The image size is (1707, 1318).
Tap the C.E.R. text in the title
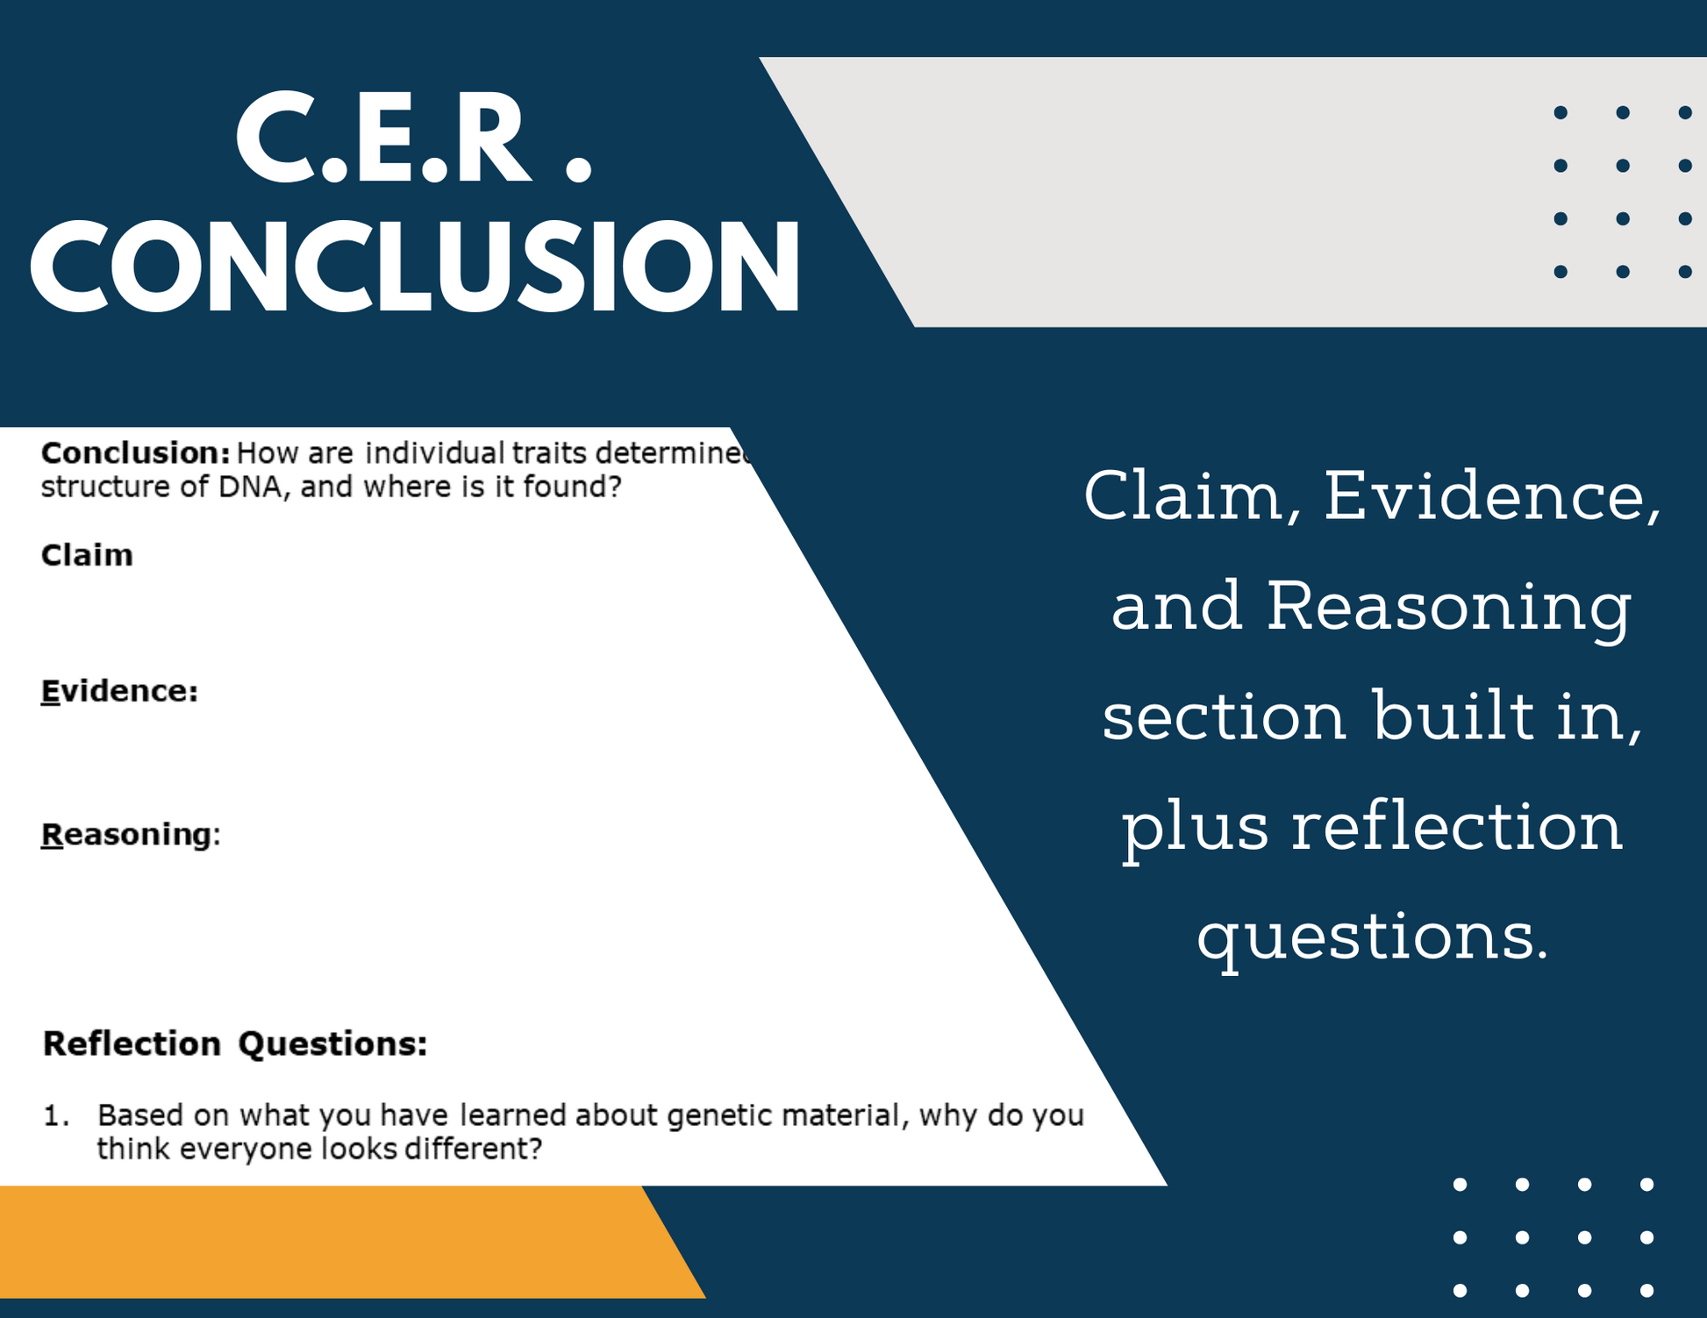pyautogui.click(x=414, y=139)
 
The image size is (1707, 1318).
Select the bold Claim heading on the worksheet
pyautogui.click(x=87, y=555)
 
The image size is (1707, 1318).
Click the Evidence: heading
pyautogui.click(x=119, y=691)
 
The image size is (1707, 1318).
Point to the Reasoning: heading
pyautogui.click(x=131, y=834)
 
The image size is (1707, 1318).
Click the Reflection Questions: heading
pyautogui.click(x=235, y=1044)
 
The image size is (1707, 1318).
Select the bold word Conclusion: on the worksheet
pyautogui.click(x=136, y=452)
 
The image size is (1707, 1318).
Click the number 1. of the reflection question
pyautogui.click(x=56, y=1115)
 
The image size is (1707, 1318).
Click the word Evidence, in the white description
pyautogui.click(x=1492, y=497)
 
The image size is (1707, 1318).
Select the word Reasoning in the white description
pyautogui.click(x=1449, y=607)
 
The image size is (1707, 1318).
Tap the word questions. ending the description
pyautogui.click(x=1373, y=937)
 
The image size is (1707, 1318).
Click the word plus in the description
pyautogui.click(x=1195, y=827)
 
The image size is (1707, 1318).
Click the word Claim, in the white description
pyautogui.click(x=1193, y=497)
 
